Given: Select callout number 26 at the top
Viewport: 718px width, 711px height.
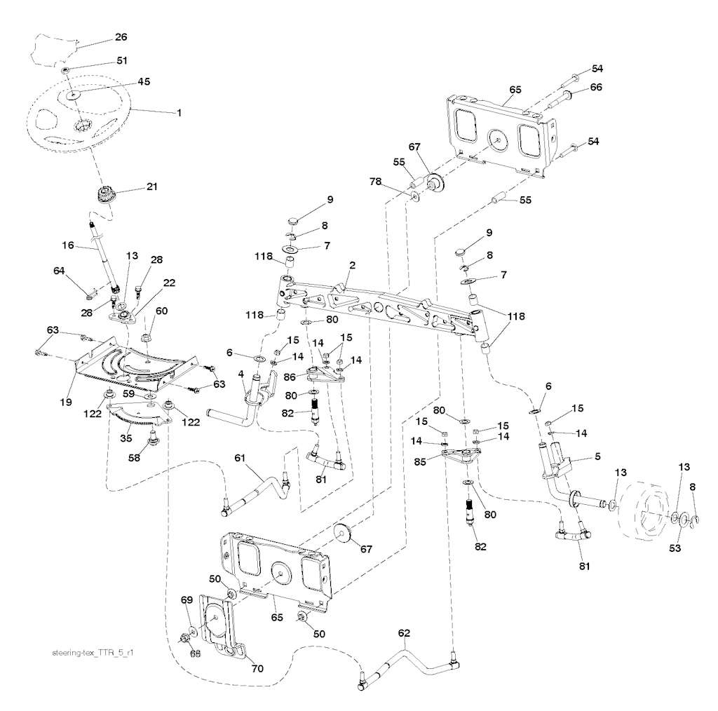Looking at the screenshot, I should [x=121, y=37].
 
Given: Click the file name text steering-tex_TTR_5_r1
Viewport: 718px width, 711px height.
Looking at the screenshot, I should [x=93, y=652].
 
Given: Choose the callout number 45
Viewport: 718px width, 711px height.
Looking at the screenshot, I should [x=143, y=81].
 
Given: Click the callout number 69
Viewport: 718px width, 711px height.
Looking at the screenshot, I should [x=186, y=601].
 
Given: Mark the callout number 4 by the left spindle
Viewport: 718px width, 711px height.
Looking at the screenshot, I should [x=241, y=376].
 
